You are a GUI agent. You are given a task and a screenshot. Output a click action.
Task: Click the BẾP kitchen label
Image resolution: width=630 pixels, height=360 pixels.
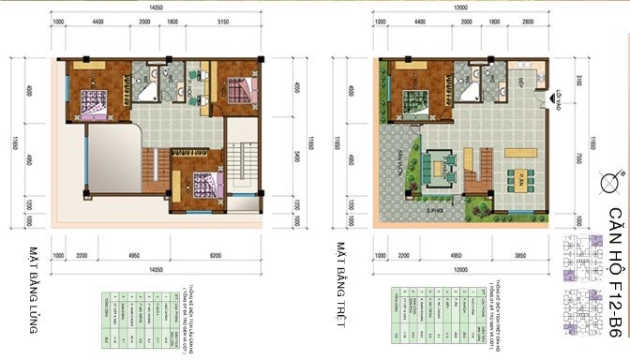tap(518, 82)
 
